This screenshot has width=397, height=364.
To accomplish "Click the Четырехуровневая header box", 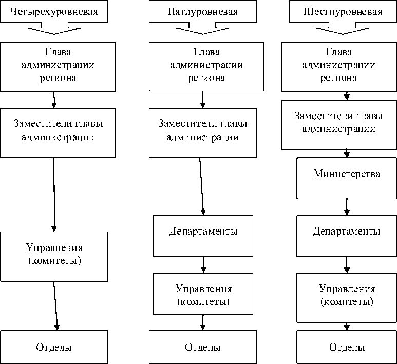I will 54,12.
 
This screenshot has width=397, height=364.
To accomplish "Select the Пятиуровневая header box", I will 202,12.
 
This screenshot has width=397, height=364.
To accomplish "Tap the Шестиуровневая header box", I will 343,12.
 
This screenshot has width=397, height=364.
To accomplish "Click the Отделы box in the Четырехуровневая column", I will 54,347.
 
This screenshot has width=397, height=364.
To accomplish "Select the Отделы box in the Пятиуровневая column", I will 203,347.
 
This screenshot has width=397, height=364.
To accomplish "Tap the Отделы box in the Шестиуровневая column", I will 347,347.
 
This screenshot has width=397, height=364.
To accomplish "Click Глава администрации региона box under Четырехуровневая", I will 54,67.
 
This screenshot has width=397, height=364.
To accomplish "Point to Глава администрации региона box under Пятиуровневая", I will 203,67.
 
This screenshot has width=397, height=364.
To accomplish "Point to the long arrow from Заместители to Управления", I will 54,194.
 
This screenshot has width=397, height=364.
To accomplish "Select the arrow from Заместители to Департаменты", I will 202,186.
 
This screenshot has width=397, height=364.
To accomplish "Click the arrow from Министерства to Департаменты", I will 347,206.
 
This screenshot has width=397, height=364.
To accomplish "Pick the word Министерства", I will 347,174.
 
